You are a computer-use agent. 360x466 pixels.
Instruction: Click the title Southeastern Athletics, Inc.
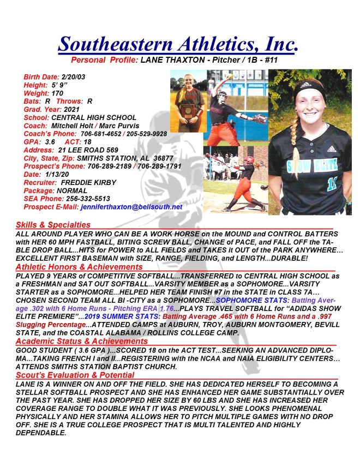pyautogui.click(x=178, y=43)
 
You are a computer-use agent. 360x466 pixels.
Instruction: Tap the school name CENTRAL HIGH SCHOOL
pyautogui.click(x=94, y=117)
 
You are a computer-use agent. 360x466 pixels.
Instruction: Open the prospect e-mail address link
pyautogui.click(x=131, y=208)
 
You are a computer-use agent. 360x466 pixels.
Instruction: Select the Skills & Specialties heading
pyautogui.click(x=53, y=224)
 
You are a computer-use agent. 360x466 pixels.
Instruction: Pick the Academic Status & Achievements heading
pyautogui.click(x=81, y=341)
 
